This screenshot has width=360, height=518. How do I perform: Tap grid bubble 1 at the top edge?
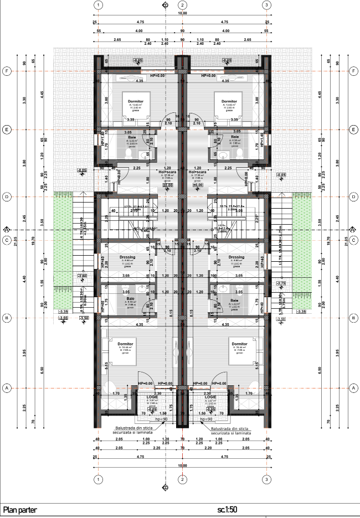[98, 5]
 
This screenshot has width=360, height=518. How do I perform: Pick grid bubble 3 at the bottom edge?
[267, 479]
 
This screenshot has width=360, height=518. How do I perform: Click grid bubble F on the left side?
[7, 71]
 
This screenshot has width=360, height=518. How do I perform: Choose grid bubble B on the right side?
[352, 319]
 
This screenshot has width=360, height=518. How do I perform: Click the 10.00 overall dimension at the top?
[182, 13]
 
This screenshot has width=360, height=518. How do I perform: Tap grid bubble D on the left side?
[7, 196]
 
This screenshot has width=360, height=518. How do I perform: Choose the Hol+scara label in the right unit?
[198, 172]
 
